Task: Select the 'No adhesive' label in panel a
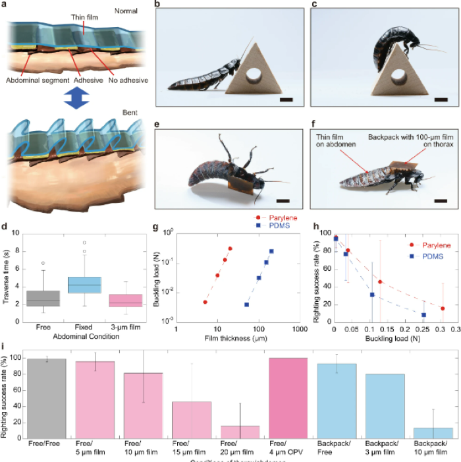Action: [x=129, y=80]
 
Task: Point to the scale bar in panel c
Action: [x=441, y=100]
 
